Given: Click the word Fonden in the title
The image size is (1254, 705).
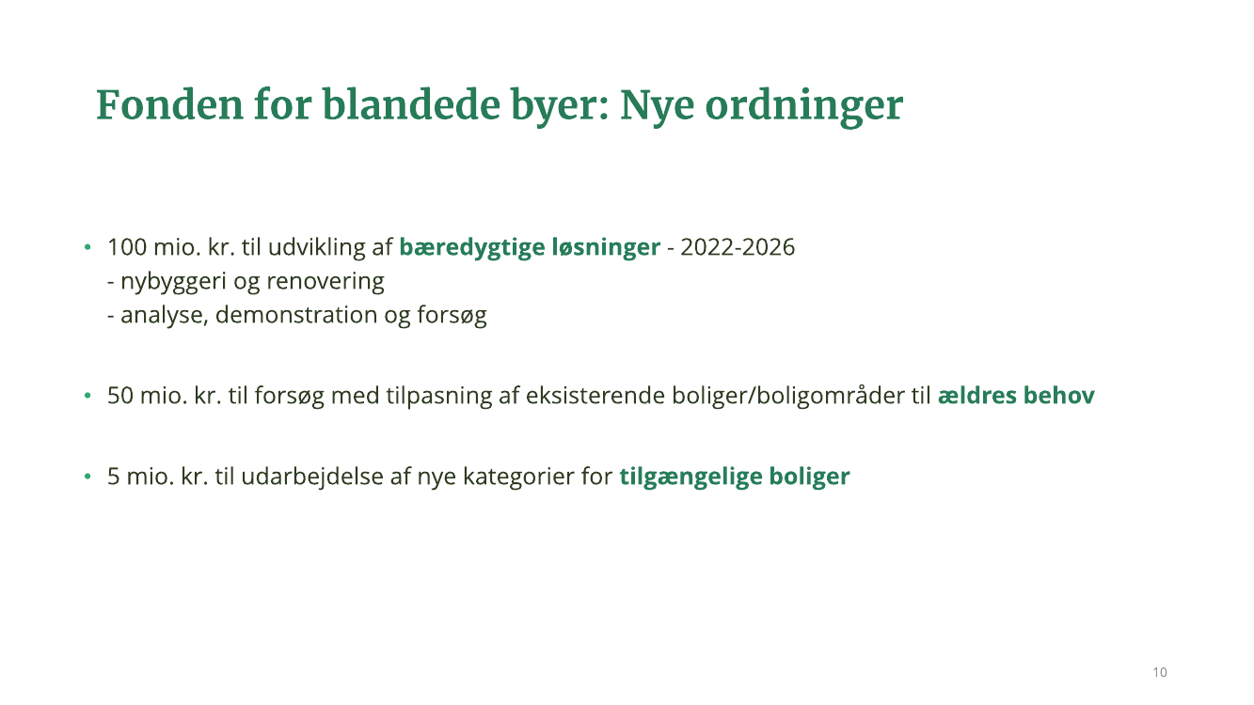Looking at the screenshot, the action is click(x=169, y=105).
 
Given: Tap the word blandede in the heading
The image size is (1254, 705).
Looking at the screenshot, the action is click(x=411, y=104).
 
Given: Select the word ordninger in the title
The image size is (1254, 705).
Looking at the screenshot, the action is click(x=804, y=106).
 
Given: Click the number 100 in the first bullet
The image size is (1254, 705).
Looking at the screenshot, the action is click(x=127, y=247).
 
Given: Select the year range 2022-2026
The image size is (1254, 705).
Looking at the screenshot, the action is click(x=738, y=247).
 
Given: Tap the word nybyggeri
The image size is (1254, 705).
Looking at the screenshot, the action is click(x=173, y=281).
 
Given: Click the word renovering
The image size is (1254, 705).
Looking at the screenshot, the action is click(x=325, y=281).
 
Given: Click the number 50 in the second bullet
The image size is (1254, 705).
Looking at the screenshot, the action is click(x=120, y=396).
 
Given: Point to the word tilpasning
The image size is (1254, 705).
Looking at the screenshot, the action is click(x=439, y=396).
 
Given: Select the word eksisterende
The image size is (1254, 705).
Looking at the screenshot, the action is click(x=595, y=396).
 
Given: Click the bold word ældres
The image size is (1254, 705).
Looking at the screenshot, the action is click(x=976, y=396).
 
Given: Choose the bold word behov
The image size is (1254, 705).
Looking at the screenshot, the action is click(x=1058, y=396).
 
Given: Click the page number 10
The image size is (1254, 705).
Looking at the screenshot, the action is click(x=1160, y=672).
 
